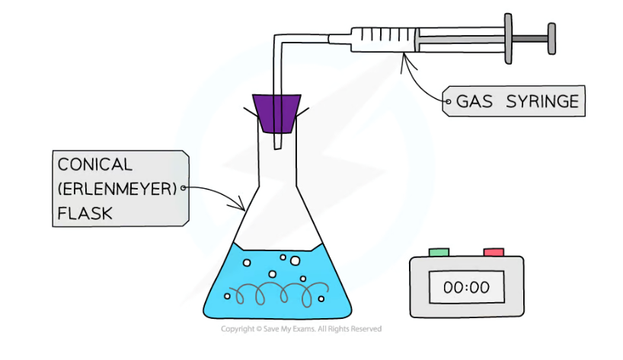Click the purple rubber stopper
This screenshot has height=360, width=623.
click(x=279, y=115)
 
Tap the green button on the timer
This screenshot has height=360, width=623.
click(x=439, y=252)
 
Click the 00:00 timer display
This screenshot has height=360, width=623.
click(x=466, y=288)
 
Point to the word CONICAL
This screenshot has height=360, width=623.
click(x=94, y=164)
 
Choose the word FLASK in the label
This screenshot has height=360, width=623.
click(x=85, y=214)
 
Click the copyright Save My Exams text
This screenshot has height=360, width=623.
click(x=301, y=329)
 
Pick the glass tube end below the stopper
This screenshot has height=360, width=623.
click(x=279, y=142)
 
